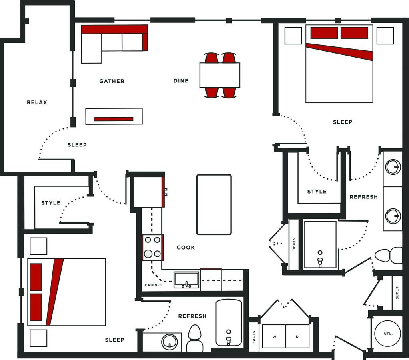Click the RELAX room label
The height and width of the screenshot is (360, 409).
tap(37, 102)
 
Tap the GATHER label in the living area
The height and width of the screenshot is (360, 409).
tap(112, 81)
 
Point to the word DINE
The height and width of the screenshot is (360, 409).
tap(181, 81)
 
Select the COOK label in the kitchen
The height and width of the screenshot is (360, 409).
tap(186, 248)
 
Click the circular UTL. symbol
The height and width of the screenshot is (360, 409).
tap(388, 333)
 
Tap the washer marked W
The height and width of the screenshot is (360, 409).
tap(274, 336)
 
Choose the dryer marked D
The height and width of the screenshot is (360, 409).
tap(297, 336)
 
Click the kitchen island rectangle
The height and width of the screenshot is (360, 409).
tap(214, 205)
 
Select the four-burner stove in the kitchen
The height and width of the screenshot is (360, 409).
tap(153, 247)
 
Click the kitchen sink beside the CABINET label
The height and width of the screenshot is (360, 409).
tap(186, 280)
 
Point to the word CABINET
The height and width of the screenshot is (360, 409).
tap(154, 285)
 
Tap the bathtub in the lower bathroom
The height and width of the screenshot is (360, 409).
tap(229, 323)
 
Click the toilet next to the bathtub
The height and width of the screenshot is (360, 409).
tap(195, 338)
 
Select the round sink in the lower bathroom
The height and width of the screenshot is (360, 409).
tap(169, 342)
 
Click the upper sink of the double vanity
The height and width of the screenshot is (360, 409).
tap(393, 166)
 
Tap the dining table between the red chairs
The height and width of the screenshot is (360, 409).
tap(220, 75)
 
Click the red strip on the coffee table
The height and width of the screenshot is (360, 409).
tap(114, 119)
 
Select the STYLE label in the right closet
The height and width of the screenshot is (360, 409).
tap(317, 192)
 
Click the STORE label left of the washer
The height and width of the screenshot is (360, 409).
tap(254, 337)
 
